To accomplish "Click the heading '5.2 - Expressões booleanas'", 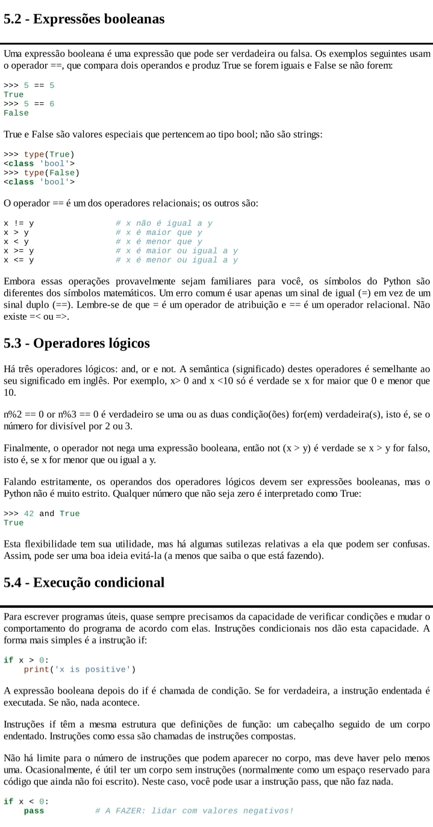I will pyautogui.click(x=84, y=19).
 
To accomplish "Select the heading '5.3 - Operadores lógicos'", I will pyautogui.click(x=76, y=344).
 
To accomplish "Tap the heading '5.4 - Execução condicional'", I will pyautogui.click(x=84, y=582).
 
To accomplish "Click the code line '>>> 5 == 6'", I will pyautogui.click(x=29, y=104).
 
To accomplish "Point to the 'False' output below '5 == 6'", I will pyautogui.click(x=16, y=113).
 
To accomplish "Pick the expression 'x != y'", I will pyautogui.click(x=19, y=223).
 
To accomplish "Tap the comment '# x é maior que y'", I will pyautogui.click(x=159, y=232).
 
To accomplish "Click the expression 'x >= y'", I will pyautogui.click(x=19, y=251).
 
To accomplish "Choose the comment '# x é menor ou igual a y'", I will pyautogui.click(x=176, y=260).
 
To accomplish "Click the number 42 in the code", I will pyautogui.click(x=29, y=513).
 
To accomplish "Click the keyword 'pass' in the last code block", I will pyautogui.click(x=34, y=811).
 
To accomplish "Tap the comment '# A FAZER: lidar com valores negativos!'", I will pyautogui.click(x=194, y=811).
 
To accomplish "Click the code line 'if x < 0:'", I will pyautogui.click(x=26, y=801).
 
